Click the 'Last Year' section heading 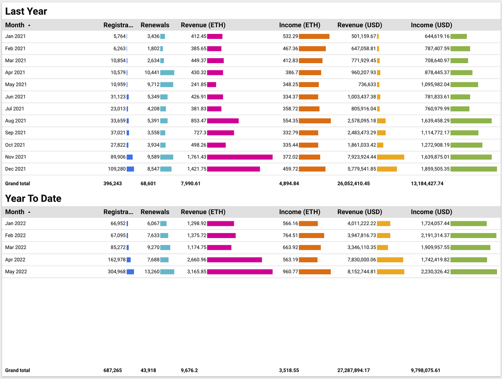point(26,11)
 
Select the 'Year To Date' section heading point(33,198)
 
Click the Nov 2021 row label point(15,157)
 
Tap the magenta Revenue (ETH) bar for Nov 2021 point(240,157)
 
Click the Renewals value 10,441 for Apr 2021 point(152,72)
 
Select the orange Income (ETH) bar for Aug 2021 point(315,121)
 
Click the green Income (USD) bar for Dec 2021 point(474,169)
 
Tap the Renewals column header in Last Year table point(155,25)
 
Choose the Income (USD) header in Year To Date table point(431,212)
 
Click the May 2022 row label point(16,272)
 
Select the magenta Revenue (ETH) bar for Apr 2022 point(234,260)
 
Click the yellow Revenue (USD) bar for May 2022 point(390,272)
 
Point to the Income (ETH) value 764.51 point(288,236)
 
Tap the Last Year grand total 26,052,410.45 point(353,183)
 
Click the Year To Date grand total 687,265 point(113,370)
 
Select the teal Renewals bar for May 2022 point(167,272)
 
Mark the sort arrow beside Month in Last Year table point(29,26)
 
